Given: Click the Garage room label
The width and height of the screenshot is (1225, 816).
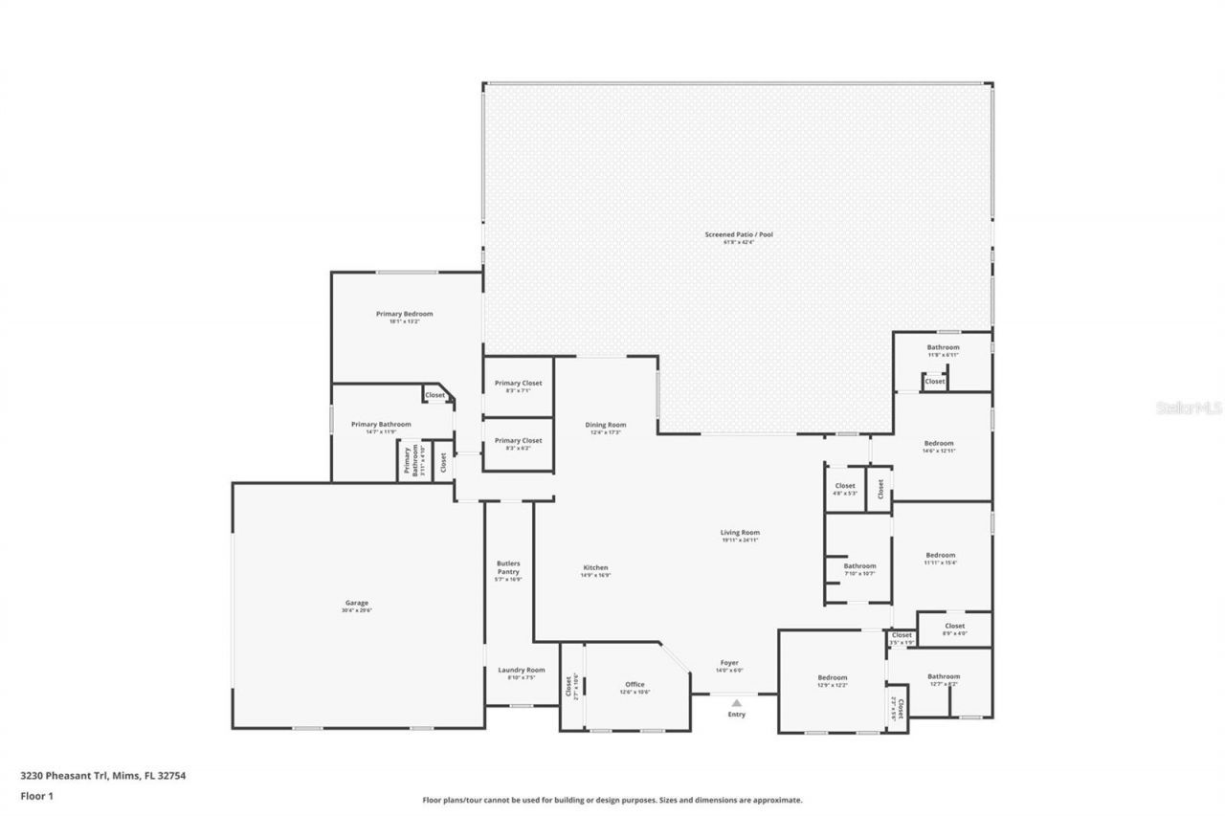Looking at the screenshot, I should [x=357, y=606].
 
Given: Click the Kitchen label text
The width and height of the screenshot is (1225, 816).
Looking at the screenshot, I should [x=595, y=567].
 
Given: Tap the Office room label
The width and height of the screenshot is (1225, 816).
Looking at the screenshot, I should [x=635, y=684].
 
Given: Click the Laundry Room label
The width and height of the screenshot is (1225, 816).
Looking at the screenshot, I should [x=522, y=670].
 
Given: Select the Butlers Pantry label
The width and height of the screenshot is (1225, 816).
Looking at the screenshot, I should [x=508, y=567].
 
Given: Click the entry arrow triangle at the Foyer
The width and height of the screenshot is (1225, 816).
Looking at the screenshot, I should [x=736, y=703].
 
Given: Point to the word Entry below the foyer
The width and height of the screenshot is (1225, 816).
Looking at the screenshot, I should [x=736, y=715].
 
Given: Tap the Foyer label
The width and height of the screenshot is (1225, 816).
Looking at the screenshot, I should [x=728, y=663].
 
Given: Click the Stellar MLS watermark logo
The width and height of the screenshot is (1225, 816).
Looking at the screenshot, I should [x=1189, y=408].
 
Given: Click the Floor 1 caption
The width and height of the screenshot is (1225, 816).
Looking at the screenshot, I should [x=37, y=795].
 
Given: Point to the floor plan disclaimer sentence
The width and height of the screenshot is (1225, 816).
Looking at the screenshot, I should [x=612, y=800].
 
